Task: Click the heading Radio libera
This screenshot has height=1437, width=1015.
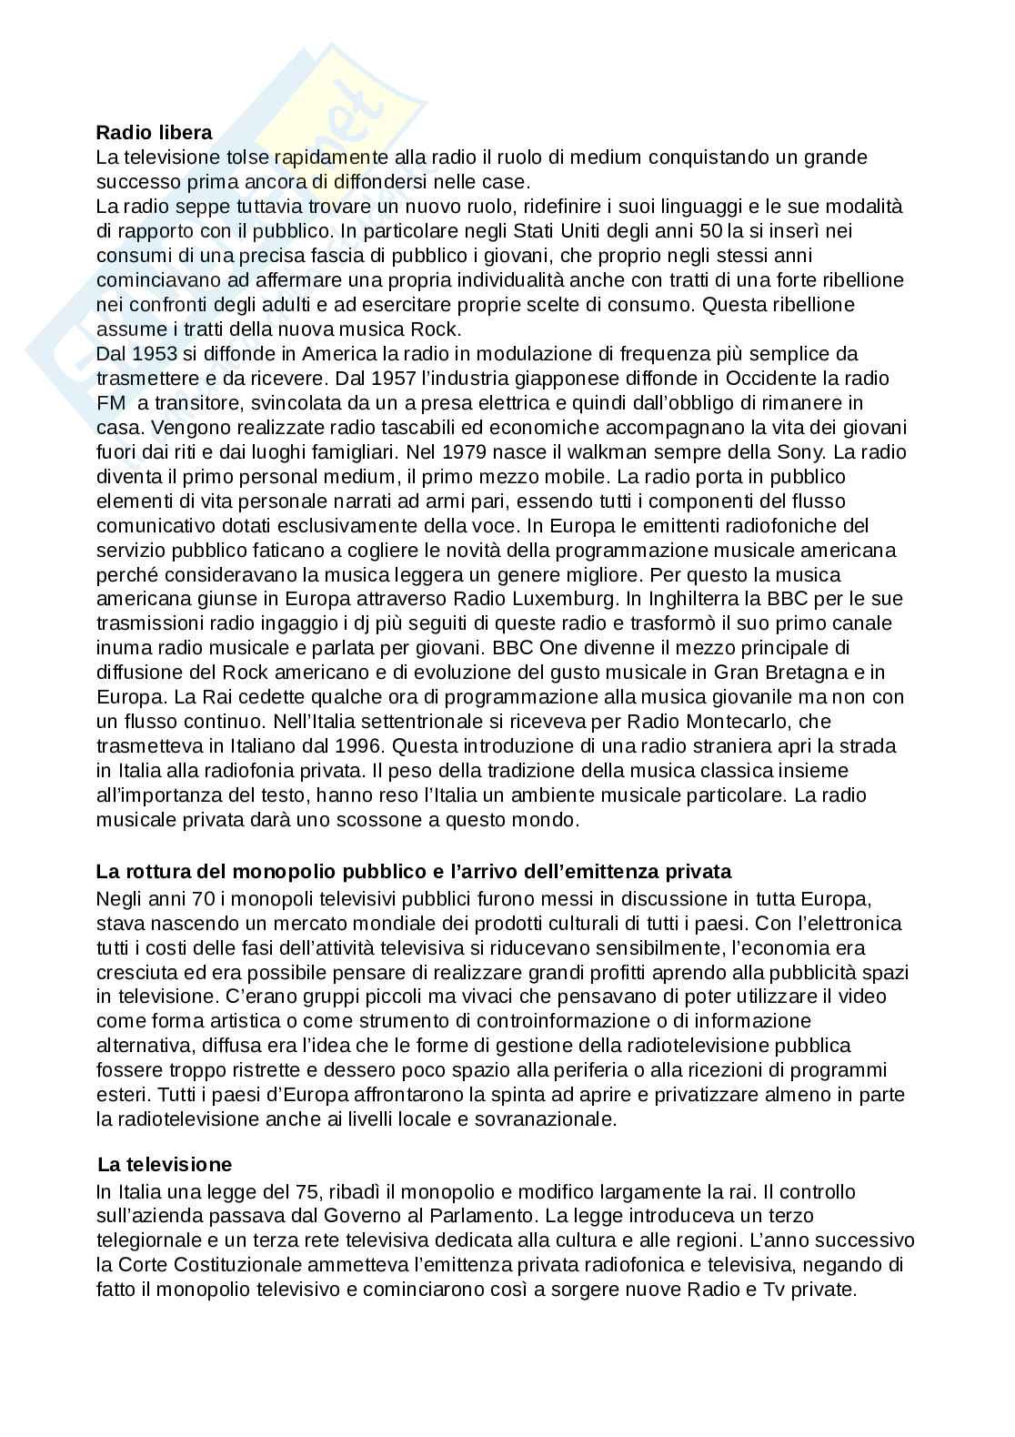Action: [x=154, y=133]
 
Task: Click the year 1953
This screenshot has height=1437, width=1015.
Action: [x=156, y=353]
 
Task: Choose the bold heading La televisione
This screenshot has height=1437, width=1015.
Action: [x=165, y=1164]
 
